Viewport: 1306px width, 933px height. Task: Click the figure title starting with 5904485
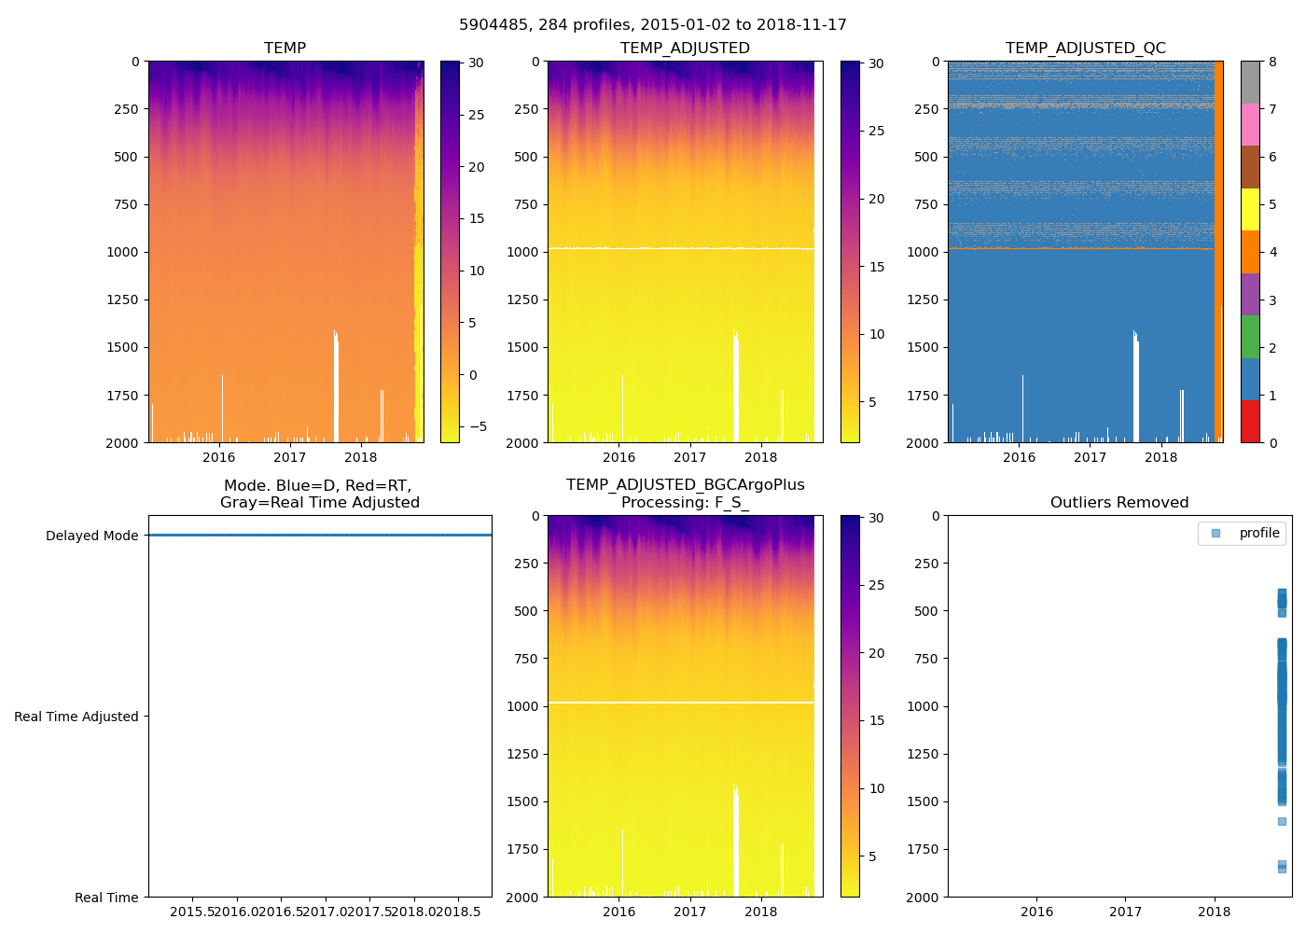653,25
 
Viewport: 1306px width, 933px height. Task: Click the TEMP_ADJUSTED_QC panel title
1085,49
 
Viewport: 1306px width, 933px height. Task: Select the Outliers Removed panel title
1119,503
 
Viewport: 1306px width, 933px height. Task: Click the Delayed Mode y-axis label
91,536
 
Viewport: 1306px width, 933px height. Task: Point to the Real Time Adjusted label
76,717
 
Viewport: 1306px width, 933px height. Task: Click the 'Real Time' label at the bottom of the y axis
106,898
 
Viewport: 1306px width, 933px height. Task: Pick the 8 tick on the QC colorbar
1272,63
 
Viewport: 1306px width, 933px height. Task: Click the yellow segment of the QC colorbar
1250,209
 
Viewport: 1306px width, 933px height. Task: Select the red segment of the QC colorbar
1250,421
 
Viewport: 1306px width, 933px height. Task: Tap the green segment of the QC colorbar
1250,336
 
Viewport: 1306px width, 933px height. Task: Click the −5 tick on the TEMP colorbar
477,427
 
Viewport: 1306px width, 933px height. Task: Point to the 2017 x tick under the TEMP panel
290,457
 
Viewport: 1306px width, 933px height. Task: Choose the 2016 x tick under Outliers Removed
1036,912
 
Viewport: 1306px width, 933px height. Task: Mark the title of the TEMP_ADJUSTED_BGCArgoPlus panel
685,494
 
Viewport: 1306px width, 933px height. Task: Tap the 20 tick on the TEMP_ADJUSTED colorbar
877,200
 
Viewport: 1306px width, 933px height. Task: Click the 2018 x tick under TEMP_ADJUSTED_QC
1160,457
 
